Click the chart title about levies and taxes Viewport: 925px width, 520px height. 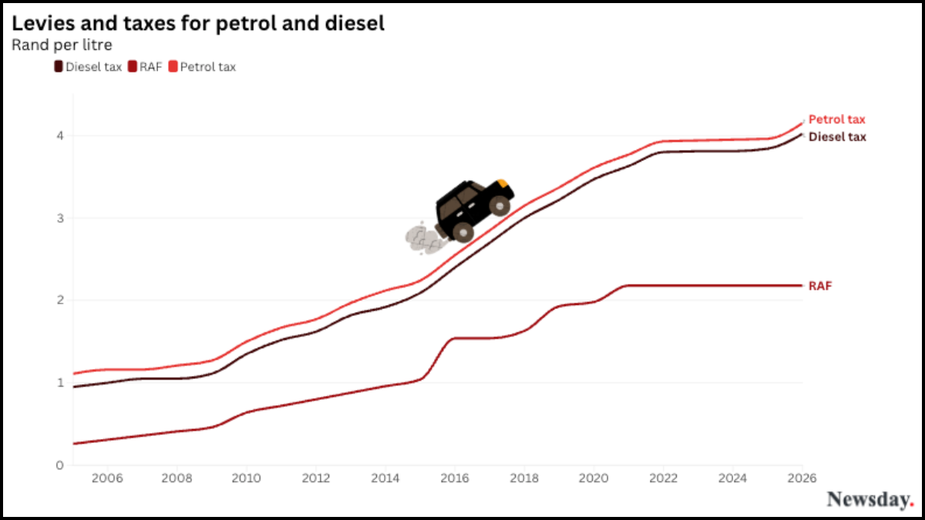tap(198, 24)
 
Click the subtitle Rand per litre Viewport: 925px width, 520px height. tap(62, 45)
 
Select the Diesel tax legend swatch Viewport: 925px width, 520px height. tap(59, 67)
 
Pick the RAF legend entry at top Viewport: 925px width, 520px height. tap(146, 67)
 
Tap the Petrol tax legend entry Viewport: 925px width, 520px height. tap(202, 67)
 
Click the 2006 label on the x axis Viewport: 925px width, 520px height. tap(107, 478)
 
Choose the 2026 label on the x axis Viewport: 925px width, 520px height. tap(802, 478)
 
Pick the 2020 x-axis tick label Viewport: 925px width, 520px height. tap(594, 478)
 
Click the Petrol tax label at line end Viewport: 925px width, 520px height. tap(836, 119)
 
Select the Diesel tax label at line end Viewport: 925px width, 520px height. tap(837, 137)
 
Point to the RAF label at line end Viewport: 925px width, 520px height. tap(820, 286)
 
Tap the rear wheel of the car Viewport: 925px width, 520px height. tap(463, 231)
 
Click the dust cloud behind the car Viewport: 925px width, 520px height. tap(420, 238)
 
